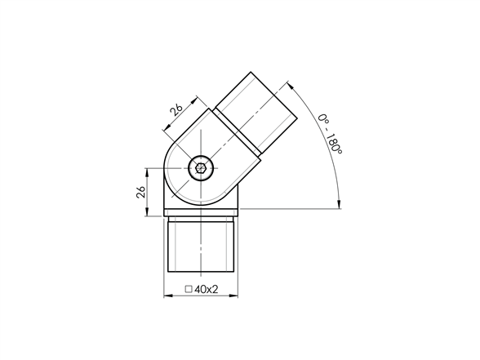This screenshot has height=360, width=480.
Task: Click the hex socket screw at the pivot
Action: pyautogui.click(x=201, y=168)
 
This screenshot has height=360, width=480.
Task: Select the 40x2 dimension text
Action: pyautogui.click(x=206, y=289)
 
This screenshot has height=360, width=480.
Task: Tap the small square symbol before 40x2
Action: pyautogui.click(x=189, y=289)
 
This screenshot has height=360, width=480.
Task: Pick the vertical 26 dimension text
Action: pyautogui.click(x=140, y=192)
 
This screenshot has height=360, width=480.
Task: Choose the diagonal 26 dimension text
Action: pyautogui.click(x=176, y=109)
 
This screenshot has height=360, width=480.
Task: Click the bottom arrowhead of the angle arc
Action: pyautogui.click(x=339, y=204)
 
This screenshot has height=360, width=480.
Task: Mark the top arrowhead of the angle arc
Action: pyautogui.click(x=291, y=85)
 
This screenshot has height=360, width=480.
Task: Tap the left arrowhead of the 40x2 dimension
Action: pyautogui.click(x=168, y=296)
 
